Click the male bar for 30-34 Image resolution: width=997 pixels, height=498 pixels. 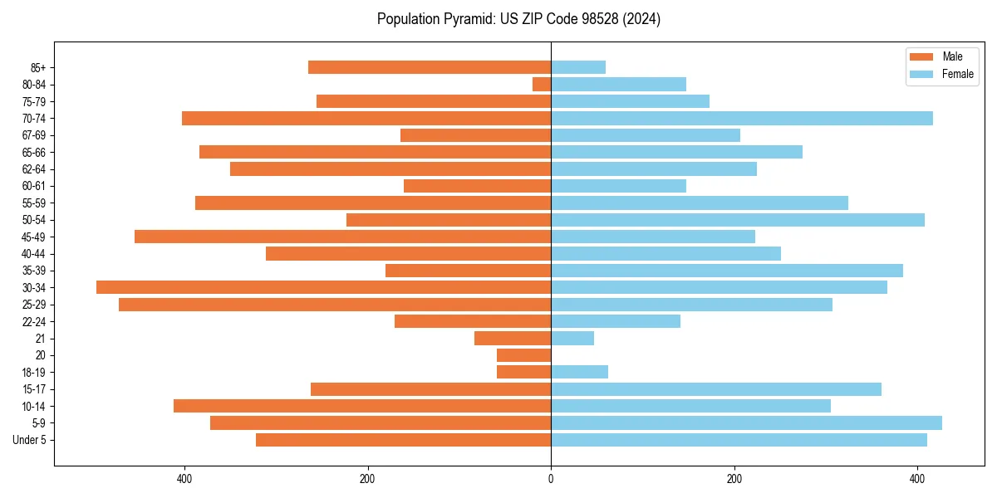coord(324,287)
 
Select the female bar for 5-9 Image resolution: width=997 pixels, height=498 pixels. coord(746,422)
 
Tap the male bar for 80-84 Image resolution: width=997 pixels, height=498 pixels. coord(542,84)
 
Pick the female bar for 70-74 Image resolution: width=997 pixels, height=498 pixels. coord(741,118)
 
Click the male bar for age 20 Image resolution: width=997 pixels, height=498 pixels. coord(523,355)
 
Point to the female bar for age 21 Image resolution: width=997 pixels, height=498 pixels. coord(572,338)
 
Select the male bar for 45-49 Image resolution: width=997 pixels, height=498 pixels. coord(342,237)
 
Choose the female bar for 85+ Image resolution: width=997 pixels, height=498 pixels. coord(578,67)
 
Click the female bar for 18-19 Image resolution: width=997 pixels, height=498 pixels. coord(579,372)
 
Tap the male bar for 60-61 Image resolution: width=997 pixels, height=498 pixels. coord(477,186)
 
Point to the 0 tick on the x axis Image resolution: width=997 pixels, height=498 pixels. coord(551,479)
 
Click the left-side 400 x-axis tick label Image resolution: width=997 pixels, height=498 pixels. coord(184,479)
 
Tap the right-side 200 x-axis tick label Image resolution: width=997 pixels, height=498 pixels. coord(734,479)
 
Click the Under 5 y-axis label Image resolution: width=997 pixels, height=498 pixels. coord(30,440)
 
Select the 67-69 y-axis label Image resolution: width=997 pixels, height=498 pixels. coord(34,135)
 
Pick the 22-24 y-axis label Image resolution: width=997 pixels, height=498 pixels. coord(34,321)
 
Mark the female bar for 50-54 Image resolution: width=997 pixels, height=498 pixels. coord(738,220)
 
